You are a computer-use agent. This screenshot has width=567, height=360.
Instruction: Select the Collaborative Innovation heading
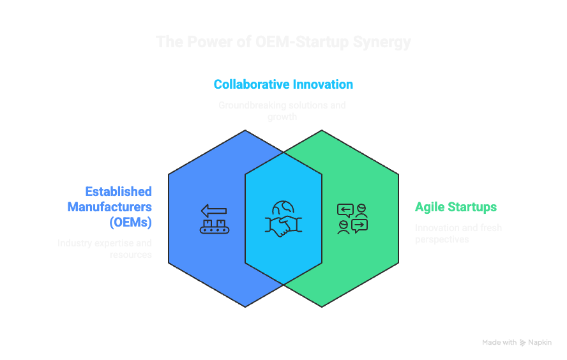coord(283,84)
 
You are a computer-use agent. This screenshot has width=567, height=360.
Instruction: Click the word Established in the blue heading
coord(119,191)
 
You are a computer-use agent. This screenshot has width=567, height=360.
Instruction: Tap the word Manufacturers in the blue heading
coord(110,207)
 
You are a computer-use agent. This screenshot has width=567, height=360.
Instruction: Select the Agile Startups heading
coord(455,207)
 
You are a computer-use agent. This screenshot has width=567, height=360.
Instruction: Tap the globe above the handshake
coord(283,208)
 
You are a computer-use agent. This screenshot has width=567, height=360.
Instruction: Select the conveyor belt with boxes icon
coord(214,226)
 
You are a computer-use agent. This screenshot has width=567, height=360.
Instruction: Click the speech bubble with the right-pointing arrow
coord(360,225)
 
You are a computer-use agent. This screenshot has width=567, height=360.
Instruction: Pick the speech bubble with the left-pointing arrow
coord(345,209)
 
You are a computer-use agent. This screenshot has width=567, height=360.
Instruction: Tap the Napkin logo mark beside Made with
coord(523,343)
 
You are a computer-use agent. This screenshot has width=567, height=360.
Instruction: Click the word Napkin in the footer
coord(540,343)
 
